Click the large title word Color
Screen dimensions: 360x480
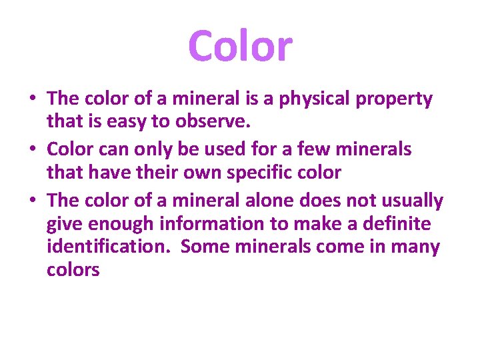coord(240,47)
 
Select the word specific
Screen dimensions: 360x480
coord(258,173)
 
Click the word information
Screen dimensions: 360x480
coord(213,223)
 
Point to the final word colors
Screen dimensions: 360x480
coord(73,270)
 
